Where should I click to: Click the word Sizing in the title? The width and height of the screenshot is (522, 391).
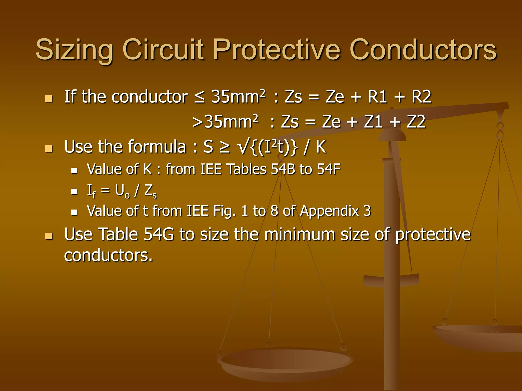74,50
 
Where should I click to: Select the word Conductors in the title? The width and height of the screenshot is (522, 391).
423,49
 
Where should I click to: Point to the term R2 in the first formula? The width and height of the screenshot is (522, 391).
421,97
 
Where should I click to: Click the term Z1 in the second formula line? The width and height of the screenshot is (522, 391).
373,122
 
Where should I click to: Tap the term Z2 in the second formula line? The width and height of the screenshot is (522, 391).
416,122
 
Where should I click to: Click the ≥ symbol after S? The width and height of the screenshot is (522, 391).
225,147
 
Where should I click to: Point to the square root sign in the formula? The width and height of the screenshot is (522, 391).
243,147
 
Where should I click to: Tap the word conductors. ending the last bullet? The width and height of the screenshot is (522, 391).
108,255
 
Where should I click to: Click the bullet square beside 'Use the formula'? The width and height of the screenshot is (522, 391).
48,148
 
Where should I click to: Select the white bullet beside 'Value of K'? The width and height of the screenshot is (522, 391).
74,171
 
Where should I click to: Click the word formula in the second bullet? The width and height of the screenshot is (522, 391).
157,147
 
